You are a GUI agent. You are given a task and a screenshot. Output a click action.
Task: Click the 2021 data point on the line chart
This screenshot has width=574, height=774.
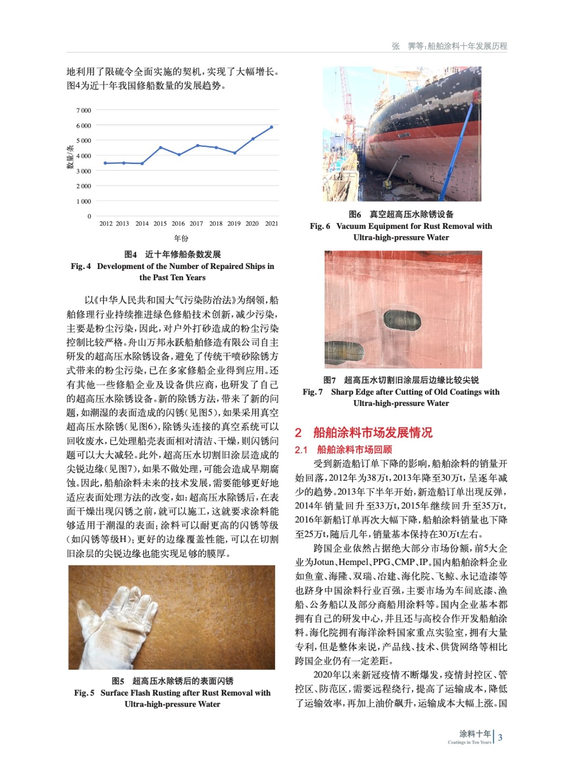[271, 127]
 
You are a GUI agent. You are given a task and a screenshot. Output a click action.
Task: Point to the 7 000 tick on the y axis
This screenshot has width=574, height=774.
[83, 110]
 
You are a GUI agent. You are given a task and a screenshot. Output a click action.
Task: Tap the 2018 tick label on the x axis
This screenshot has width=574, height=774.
[216, 223]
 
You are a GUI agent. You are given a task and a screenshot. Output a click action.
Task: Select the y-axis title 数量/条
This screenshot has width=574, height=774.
[70, 157]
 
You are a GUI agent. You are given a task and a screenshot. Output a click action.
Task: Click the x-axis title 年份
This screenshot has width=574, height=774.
[181, 238]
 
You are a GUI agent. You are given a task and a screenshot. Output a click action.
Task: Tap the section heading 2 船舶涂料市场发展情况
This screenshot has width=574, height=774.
[364, 432]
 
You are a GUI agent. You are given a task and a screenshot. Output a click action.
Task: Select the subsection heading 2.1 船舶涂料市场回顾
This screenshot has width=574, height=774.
[343, 450]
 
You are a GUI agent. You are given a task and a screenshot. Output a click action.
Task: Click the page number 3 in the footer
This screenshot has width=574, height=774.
[500, 738]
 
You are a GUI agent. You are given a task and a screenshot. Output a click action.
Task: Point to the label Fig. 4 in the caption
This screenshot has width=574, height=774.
[80, 266]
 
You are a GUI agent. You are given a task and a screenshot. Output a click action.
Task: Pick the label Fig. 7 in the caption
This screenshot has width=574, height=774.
[312, 392]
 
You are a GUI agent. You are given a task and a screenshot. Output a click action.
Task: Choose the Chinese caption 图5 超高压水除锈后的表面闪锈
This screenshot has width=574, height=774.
[172, 681]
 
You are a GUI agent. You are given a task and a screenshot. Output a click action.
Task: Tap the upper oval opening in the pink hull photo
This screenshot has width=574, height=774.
[402, 320]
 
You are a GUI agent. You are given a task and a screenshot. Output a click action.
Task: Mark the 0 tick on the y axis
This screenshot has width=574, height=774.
[89, 216]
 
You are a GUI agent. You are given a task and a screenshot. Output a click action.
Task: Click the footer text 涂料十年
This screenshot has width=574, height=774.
[475, 734]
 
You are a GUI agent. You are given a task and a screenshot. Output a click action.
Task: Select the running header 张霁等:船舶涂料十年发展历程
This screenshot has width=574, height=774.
[449, 46]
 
